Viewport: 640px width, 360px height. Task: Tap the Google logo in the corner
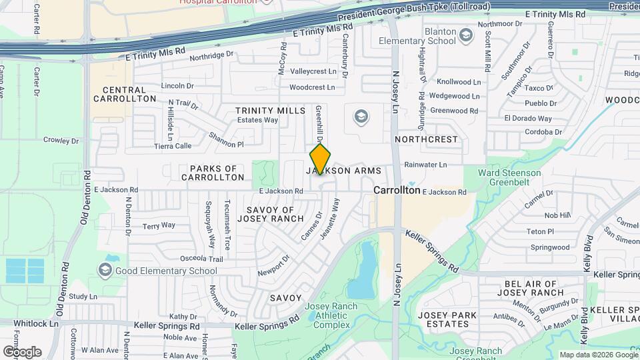22,351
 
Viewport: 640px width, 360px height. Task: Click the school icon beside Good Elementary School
105,270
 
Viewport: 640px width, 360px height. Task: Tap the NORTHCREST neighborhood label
426,139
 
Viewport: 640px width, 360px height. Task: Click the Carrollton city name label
397,190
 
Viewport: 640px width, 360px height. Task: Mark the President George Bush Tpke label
413,12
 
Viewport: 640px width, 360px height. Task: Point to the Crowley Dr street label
61,141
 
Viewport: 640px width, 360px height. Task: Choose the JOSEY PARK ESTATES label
445,319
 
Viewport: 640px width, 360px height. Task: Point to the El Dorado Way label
527,119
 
